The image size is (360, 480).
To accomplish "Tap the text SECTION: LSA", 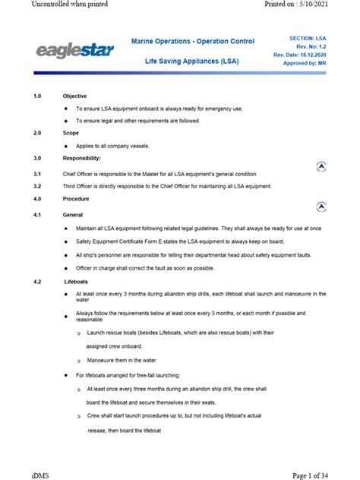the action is pos(309,37).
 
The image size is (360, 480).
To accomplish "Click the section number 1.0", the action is pos(38,96).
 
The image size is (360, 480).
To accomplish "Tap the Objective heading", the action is pos(74,96).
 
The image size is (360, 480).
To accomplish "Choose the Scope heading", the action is pos(71,132).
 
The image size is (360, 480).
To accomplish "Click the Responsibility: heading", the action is pos(81,158).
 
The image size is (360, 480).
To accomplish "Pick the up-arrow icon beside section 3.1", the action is pos(322,167).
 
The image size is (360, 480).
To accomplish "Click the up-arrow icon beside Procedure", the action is pos(322,206).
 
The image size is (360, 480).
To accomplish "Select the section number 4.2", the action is pos(38,281).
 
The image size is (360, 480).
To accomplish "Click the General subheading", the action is pos(73,216).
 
